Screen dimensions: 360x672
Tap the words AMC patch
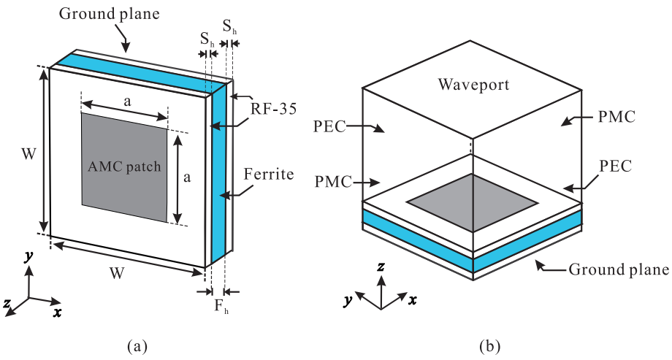123,166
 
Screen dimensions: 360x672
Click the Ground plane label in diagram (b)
619,269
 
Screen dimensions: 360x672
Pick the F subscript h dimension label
220,309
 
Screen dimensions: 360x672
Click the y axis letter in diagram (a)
27,256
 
